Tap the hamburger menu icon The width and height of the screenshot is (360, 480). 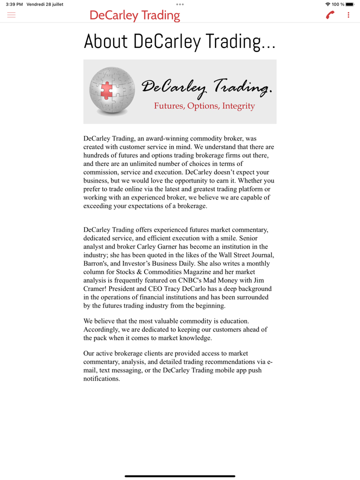click(x=11, y=15)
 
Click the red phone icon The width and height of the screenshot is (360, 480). click(x=330, y=15)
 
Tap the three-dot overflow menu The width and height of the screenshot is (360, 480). click(x=348, y=15)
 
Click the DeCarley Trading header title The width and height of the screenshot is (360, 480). click(x=134, y=15)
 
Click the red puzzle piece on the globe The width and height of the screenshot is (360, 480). click(x=106, y=90)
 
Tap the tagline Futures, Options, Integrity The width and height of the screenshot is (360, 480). click(x=204, y=106)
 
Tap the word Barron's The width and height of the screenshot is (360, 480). click(x=96, y=263)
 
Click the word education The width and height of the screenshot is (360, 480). click(x=232, y=321)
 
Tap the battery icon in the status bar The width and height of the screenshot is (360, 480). click(x=349, y=4)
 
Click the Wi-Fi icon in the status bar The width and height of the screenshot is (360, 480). click(x=327, y=4)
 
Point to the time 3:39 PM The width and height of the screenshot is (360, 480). click(x=14, y=4)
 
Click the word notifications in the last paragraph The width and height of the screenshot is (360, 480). click(x=101, y=378)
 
